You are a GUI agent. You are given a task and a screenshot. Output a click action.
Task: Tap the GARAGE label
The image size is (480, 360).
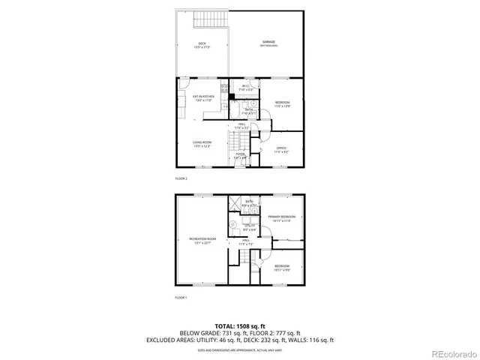point(268,42)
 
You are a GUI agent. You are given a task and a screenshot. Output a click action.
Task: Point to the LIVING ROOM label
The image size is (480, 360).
point(202,143)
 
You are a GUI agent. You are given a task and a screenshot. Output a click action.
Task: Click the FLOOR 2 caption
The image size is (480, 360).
point(181,179)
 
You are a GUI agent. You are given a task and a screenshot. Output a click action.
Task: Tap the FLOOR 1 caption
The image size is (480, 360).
point(181,298)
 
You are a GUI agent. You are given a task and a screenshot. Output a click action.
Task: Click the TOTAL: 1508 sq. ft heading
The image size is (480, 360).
point(240,325)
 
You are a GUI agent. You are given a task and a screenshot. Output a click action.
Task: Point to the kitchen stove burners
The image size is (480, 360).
point(225,89)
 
